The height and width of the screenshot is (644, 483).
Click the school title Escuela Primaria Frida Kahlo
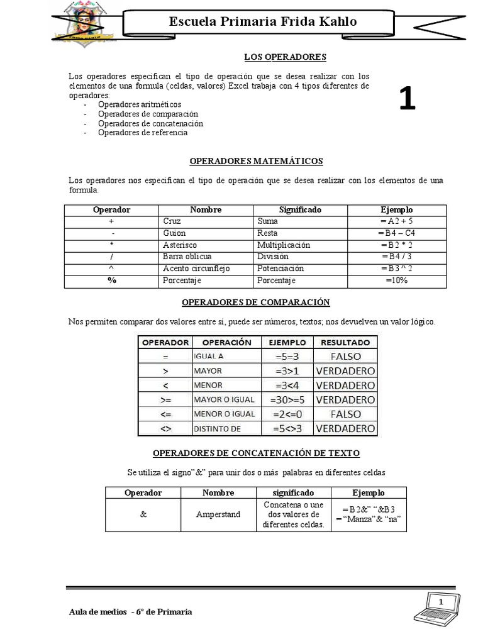coord(263,21)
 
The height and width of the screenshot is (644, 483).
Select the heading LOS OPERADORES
coord(285,57)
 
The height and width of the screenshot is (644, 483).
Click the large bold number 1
coord(407,99)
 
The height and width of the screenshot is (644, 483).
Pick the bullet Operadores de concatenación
coord(150,123)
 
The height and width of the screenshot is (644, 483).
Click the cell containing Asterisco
coord(180,245)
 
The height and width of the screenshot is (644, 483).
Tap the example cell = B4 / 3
coord(396,257)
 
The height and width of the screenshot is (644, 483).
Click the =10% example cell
coord(396,280)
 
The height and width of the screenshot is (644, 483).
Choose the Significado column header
coord(300,209)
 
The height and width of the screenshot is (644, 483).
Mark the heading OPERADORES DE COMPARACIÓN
coord(256,303)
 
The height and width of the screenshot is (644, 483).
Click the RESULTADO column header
coord(346,342)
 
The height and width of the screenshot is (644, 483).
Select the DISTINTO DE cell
coord(218,429)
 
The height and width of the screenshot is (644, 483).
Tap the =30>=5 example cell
coord(287,399)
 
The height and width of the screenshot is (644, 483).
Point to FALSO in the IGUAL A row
coord(346,356)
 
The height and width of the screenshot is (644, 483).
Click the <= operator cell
coord(165,414)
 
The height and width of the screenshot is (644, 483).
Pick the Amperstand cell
coord(218,514)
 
